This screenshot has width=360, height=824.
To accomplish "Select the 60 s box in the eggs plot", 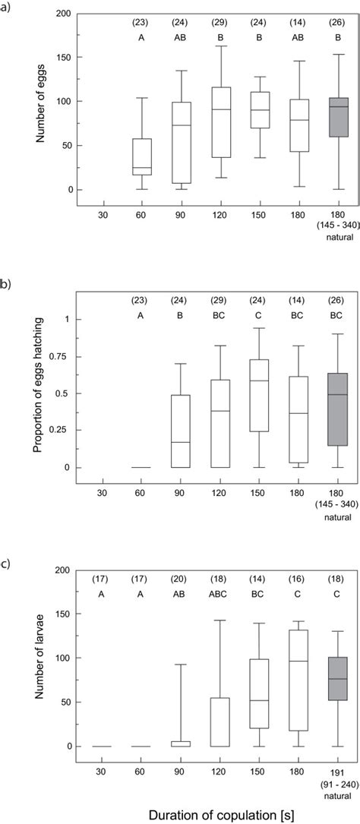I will click(x=142, y=156).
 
